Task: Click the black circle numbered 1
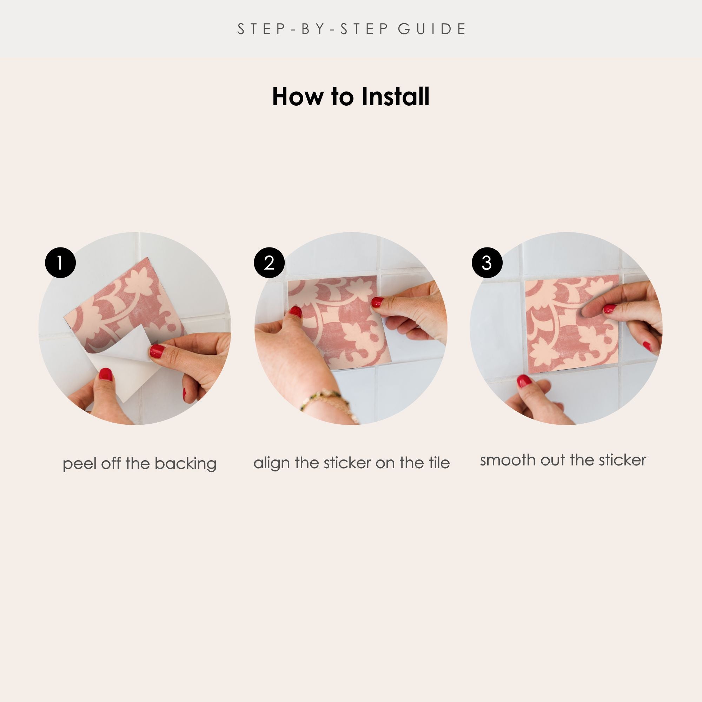coord(60,263)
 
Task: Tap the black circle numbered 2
coord(269,263)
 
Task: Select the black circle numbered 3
coord(487,263)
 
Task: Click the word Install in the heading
coord(395,97)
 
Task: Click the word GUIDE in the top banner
coord(432,29)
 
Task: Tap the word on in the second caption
coord(385,464)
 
